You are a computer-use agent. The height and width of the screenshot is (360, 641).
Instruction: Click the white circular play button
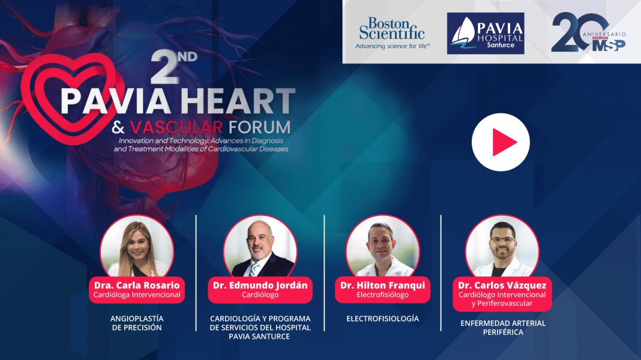[501, 142]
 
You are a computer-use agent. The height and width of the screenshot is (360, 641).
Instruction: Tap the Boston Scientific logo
[392, 32]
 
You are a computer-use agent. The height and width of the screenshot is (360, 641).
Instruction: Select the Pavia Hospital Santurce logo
[486, 34]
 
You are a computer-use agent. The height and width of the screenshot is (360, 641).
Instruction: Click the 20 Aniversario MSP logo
[588, 34]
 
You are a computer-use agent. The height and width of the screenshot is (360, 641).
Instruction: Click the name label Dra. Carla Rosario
[137, 286]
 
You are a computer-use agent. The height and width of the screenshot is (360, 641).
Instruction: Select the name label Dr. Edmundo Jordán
[260, 286]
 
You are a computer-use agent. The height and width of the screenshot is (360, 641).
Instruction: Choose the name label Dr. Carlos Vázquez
[502, 286]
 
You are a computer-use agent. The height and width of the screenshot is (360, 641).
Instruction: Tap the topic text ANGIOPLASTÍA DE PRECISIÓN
[136, 323]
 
